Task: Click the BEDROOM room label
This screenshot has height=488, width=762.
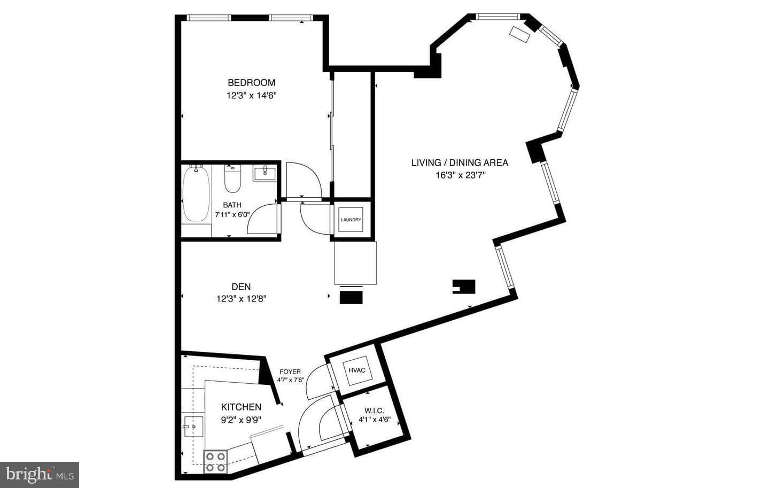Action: pyautogui.click(x=251, y=83)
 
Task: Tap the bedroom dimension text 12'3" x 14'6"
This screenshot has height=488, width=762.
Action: pyautogui.click(x=251, y=96)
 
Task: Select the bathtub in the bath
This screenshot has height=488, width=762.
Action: pyautogui.click(x=196, y=193)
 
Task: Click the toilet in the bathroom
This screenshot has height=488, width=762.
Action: pyautogui.click(x=232, y=179)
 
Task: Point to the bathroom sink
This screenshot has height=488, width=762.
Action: pyautogui.click(x=265, y=173)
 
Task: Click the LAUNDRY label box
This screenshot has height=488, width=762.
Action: pyautogui.click(x=351, y=220)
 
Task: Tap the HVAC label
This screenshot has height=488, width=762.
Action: pyautogui.click(x=357, y=370)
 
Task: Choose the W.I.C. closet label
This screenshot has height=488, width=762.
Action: pyautogui.click(x=374, y=411)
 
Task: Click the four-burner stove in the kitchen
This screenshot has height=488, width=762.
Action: pyautogui.click(x=216, y=462)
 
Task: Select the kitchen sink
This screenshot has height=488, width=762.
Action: pyautogui.click(x=193, y=427)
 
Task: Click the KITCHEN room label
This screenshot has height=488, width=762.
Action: pyautogui.click(x=241, y=407)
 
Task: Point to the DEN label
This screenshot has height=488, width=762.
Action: pyautogui.click(x=241, y=286)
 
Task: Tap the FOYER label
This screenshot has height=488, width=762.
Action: pyautogui.click(x=290, y=372)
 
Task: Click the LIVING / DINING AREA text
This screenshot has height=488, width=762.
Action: pyautogui.click(x=460, y=162)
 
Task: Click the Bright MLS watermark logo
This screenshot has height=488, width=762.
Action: pyautogui.click(x=40, y=475)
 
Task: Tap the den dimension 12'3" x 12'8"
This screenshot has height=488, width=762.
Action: pyautogui.click(x=241, y=299)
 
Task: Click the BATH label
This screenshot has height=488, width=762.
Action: pyautogui.click(x=232, y=205)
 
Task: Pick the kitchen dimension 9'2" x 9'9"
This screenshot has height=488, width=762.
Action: pyautogui.click(x=241, y=420)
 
